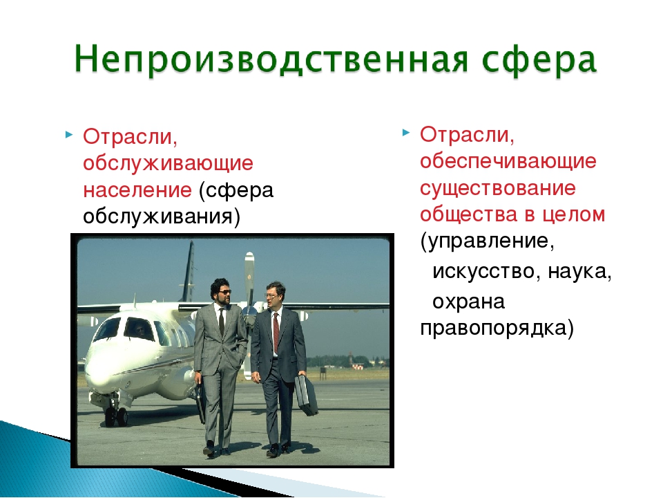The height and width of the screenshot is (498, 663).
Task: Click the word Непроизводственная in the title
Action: point(271,59)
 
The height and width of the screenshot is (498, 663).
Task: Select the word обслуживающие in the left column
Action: point(168,163)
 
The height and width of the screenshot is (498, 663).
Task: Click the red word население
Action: point(137,190)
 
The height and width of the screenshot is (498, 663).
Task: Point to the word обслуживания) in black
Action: point(161,216)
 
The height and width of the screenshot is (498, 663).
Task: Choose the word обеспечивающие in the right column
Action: point(508,161)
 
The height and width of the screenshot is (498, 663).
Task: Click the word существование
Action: point(498,188)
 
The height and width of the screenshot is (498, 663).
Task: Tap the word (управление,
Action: point(487,241)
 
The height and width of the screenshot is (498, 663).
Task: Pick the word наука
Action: point(579,271)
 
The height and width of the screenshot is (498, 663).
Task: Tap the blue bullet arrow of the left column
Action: point(69,135)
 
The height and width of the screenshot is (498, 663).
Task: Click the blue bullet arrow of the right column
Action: point(406,133)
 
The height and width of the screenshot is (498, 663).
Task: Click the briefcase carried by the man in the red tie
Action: point(306,395)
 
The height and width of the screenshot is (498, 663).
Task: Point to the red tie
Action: point(276,332)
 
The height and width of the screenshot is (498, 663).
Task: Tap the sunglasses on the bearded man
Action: point(224,292)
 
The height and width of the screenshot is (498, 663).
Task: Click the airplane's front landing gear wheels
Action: point(116,415)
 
